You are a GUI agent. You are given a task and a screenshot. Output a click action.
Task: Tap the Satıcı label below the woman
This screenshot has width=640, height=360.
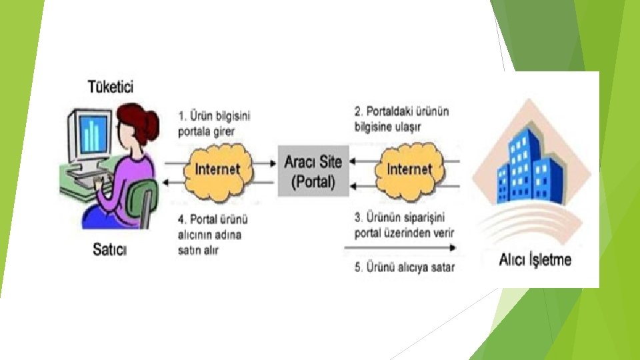point(109,250)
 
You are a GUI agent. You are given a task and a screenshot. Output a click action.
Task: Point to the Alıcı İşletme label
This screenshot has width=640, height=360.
point(535,259)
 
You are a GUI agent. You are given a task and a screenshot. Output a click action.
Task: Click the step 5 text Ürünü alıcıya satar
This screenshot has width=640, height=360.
point(405,268)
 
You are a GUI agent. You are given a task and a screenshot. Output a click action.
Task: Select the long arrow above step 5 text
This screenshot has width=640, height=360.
point(400,247)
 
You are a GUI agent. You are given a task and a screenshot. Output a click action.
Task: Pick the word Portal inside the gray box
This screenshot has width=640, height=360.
point(313,181)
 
